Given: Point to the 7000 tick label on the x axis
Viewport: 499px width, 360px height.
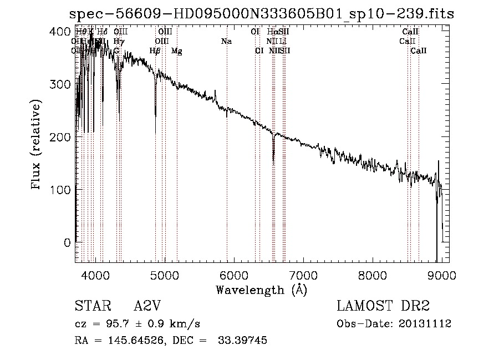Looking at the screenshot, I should (303, 275).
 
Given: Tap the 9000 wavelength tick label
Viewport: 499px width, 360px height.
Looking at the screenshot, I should (441, 275).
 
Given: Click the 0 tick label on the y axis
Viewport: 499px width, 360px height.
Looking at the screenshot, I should (67, 242).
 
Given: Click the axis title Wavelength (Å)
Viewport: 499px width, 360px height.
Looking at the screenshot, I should (261, 289).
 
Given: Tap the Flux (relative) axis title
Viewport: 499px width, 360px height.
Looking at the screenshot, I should (37, 146).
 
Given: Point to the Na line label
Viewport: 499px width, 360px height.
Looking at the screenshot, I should (226, 41).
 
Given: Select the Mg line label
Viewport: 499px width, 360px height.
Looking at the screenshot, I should (176, 51).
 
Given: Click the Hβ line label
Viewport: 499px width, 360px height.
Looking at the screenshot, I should (155, 51).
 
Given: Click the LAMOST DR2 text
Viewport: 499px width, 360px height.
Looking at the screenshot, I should (383, 306).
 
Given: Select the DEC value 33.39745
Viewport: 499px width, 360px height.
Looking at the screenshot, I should (243, 341).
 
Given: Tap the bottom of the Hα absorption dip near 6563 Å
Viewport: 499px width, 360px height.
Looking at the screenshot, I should (273, 161).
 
